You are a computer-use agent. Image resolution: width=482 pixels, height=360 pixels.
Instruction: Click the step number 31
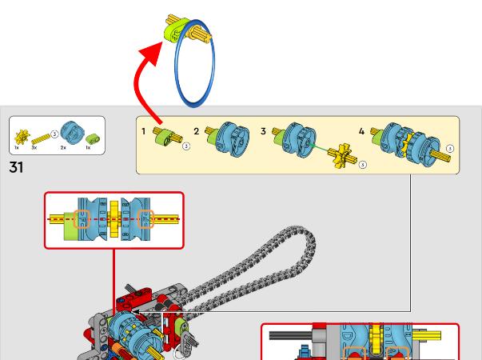click(x=16, y=167)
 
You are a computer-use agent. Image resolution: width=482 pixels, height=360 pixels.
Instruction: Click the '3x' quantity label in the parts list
click(x=34, y=148)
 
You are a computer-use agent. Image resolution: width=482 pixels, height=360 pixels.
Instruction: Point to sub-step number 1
click(x=144, y=130)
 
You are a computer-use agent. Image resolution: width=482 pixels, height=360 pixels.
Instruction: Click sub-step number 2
click(x=197, y=130)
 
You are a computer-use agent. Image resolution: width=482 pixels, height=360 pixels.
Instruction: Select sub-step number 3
click(x=263, y=130)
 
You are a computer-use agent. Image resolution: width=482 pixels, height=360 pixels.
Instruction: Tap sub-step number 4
click(x=361, y=130)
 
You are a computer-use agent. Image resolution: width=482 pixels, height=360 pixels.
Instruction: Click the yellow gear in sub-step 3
click(x=345, y=154)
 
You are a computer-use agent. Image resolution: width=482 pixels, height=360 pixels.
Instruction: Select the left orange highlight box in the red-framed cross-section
click(x=82, y=218)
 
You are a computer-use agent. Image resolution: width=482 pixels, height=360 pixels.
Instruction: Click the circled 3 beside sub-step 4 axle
click(x=450, y=149)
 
